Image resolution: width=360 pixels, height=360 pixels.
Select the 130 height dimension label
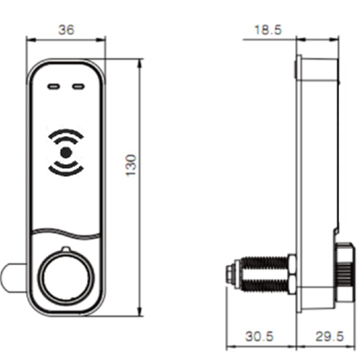coord(131,165)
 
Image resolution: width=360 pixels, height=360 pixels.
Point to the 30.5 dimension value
coord(259,336)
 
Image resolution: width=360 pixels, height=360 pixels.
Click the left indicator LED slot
coord(54,87)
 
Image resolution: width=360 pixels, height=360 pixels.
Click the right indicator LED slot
coord(79,87)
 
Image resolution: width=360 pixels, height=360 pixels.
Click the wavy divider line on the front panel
coord(66,232)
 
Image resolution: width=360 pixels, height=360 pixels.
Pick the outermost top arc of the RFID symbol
coord(66,132)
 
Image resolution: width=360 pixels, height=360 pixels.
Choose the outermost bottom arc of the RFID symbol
coord(66,172)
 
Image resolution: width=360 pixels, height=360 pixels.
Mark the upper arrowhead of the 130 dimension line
coord(138,61)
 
